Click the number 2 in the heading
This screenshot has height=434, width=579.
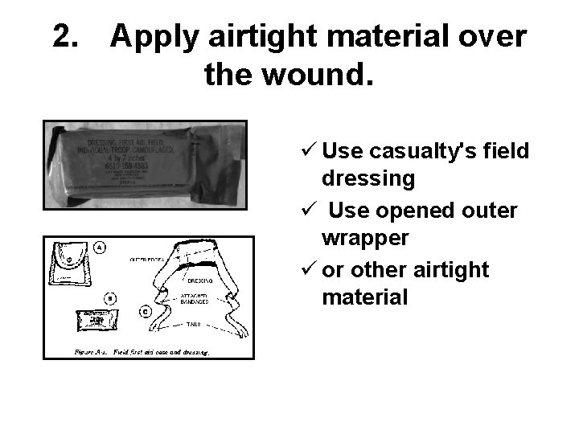tap(62, 36)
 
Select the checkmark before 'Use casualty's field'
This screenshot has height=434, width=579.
tap(305, 151)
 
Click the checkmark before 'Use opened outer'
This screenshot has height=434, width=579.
tap(305, 211)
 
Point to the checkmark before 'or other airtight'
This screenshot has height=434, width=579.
tap(305, 270)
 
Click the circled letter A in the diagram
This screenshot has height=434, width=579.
tap(101, 246)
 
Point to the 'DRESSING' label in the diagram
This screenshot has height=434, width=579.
tap(200, 281)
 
